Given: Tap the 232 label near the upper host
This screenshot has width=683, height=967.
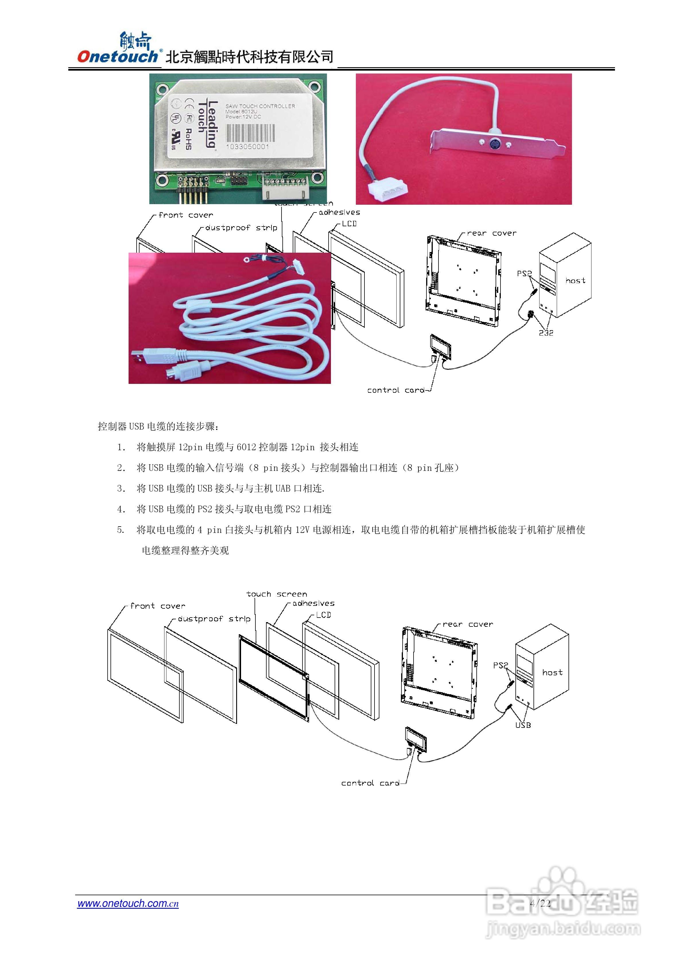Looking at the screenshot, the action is (x=546, y=333).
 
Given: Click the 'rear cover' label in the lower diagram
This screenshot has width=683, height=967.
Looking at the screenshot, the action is (x=468, y=624).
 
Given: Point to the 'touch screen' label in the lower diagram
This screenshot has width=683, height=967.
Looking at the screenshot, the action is (x=277, y=594).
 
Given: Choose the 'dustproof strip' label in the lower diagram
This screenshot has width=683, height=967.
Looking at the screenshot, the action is (x=214, y=618).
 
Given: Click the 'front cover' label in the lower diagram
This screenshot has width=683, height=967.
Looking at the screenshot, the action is (x=158, y=606).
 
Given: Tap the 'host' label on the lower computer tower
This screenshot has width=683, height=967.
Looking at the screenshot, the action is (x=552, y=672).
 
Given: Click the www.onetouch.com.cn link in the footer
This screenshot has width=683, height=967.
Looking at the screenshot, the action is (x=128, y=903).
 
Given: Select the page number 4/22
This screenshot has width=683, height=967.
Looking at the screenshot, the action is (x=540, y=903).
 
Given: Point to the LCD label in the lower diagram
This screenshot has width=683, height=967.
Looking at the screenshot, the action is (x=323, y=615).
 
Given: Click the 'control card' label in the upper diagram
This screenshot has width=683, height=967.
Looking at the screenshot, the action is (x=396, y=390).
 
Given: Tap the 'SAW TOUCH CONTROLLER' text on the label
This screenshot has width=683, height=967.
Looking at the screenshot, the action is (x=260, y=106).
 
